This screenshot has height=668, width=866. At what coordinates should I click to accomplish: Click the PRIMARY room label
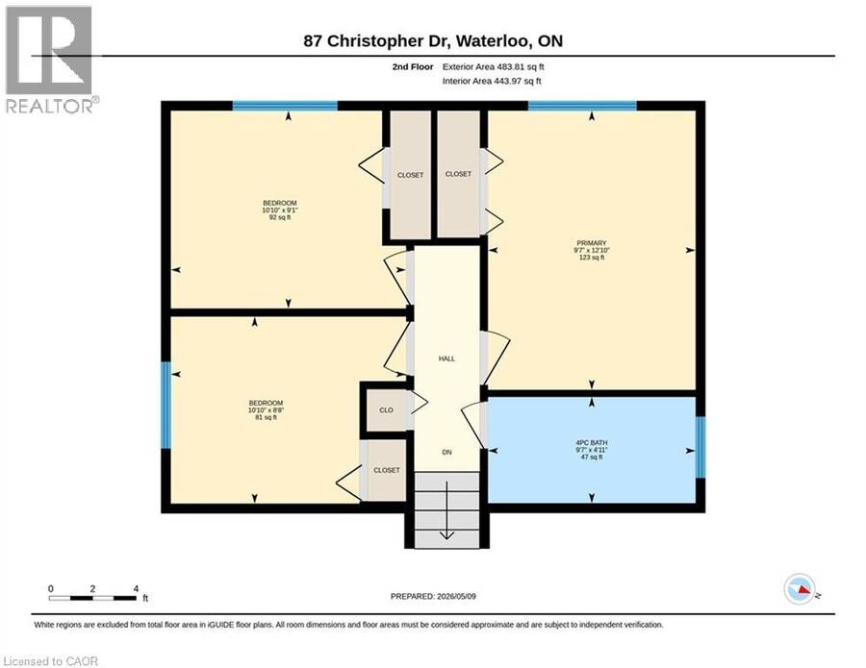[592, 243]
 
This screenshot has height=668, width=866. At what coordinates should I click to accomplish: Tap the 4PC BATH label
[591, 442]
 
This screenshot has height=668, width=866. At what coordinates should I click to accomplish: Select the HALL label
[446, 359]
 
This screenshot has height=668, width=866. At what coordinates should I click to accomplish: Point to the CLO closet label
[386, 409]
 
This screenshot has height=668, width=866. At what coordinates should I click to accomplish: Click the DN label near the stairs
[446, 453]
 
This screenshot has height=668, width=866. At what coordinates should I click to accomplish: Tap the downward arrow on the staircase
[446, 510]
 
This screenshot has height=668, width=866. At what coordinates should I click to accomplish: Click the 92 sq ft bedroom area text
[279, 217]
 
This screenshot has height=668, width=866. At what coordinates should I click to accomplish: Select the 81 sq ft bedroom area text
[266, 417]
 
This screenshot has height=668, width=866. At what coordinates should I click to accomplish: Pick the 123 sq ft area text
[592, 258]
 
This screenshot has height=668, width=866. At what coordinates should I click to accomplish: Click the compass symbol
[800, 589]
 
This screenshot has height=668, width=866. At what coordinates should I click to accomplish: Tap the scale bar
[92, 598]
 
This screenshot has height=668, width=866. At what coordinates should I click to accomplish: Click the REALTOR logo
[50, 60]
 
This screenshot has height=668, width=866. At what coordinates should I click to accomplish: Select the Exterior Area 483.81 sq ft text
[494, 66]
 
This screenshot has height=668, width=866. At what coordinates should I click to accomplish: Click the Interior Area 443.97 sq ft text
[492, 81]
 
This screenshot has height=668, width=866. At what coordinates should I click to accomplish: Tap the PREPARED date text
[433, 596]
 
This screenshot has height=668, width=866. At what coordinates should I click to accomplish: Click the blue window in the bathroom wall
[700, 447]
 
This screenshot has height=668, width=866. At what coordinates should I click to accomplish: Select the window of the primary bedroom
[582, 106]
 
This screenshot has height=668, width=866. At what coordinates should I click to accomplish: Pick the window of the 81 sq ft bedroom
[166, 405]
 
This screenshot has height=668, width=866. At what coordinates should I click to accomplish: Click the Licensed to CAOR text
[50, 661]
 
